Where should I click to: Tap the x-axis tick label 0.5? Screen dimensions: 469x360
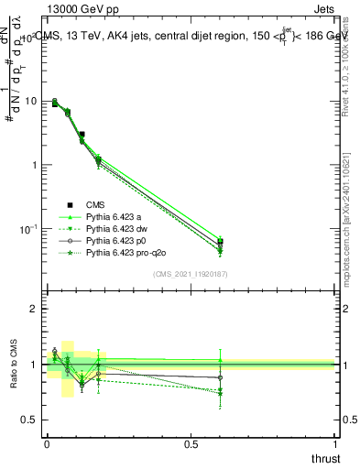pos(191,444)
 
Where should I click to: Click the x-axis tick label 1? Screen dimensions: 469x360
pos(335,444)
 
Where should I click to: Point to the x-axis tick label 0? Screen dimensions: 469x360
pos(47,444)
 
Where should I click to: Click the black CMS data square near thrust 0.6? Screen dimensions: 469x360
pos(220,244)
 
